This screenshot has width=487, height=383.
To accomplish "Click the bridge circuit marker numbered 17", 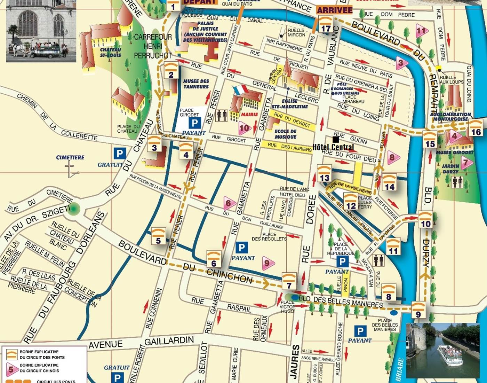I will click(326, 25).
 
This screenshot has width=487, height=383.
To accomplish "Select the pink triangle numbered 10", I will click(245, 128).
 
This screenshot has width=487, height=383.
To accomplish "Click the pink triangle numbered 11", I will click(421, 31).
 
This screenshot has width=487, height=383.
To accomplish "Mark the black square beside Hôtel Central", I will click(335, 140).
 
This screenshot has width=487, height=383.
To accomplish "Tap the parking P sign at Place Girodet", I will click(194, 123).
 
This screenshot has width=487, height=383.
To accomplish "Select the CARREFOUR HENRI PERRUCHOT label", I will click(153, 46).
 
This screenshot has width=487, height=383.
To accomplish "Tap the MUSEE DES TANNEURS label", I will click(196, 84).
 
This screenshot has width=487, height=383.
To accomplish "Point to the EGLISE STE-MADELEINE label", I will click(289, 104).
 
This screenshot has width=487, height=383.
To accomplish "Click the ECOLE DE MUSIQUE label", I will click(285, 134).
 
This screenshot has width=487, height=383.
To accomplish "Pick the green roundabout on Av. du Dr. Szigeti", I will click(74, 209).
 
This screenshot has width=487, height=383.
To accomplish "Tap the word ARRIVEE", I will click(335, 10).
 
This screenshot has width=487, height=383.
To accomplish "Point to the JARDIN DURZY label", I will click(450, 169).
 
